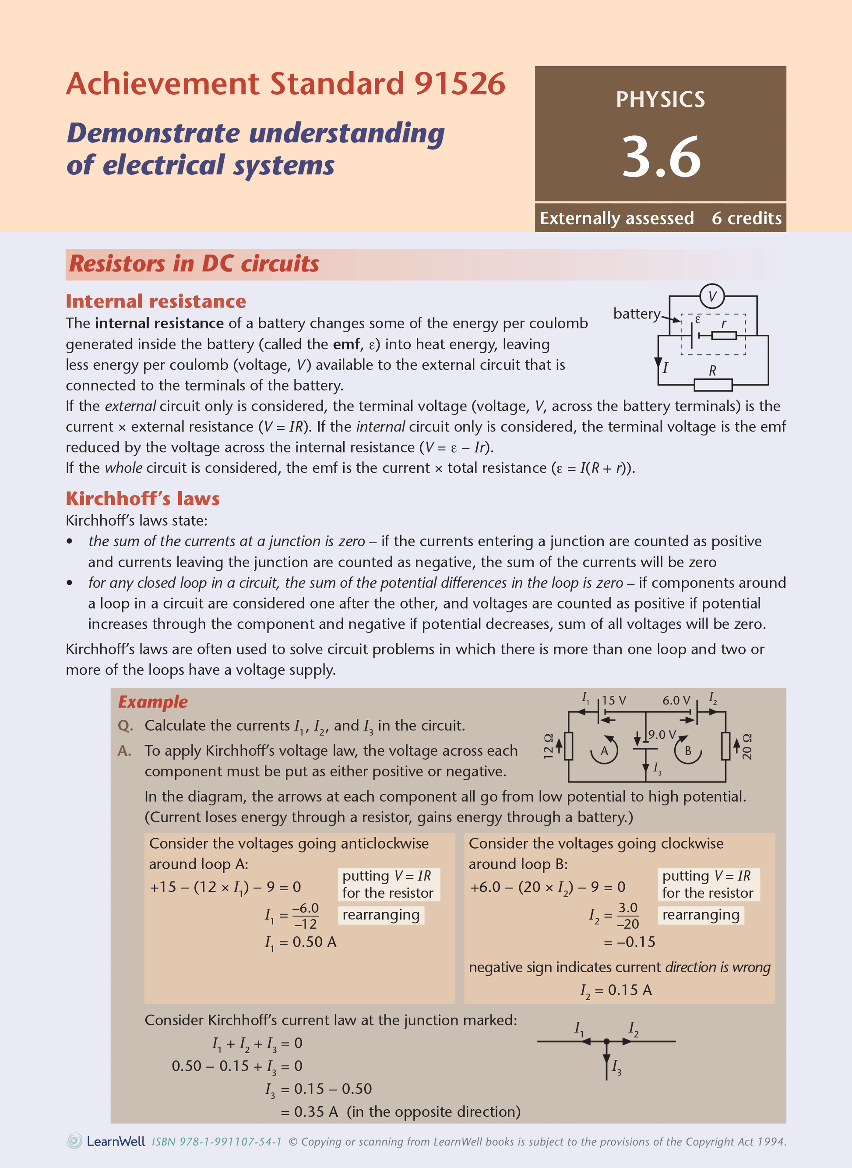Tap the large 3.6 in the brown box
click(x=661, y=156)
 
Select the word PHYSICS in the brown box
click(x=660, y=99)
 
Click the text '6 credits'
click(x=746, y=218)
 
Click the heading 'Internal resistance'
click(x=156, y=301)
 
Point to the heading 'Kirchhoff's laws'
click(x=142, y=498)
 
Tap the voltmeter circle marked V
click(x=712, y=296)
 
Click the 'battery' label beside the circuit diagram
click(x=637, y=313)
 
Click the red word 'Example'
click(x=153, y=701)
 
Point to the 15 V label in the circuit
click(x=614, y=701)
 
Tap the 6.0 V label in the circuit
click(x=676, y=701)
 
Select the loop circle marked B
click(x=688, y=750)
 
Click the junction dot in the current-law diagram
click(x=606, y=1041)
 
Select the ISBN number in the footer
click(x=217, y=1142)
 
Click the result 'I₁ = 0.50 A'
click(x=301, y=942)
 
